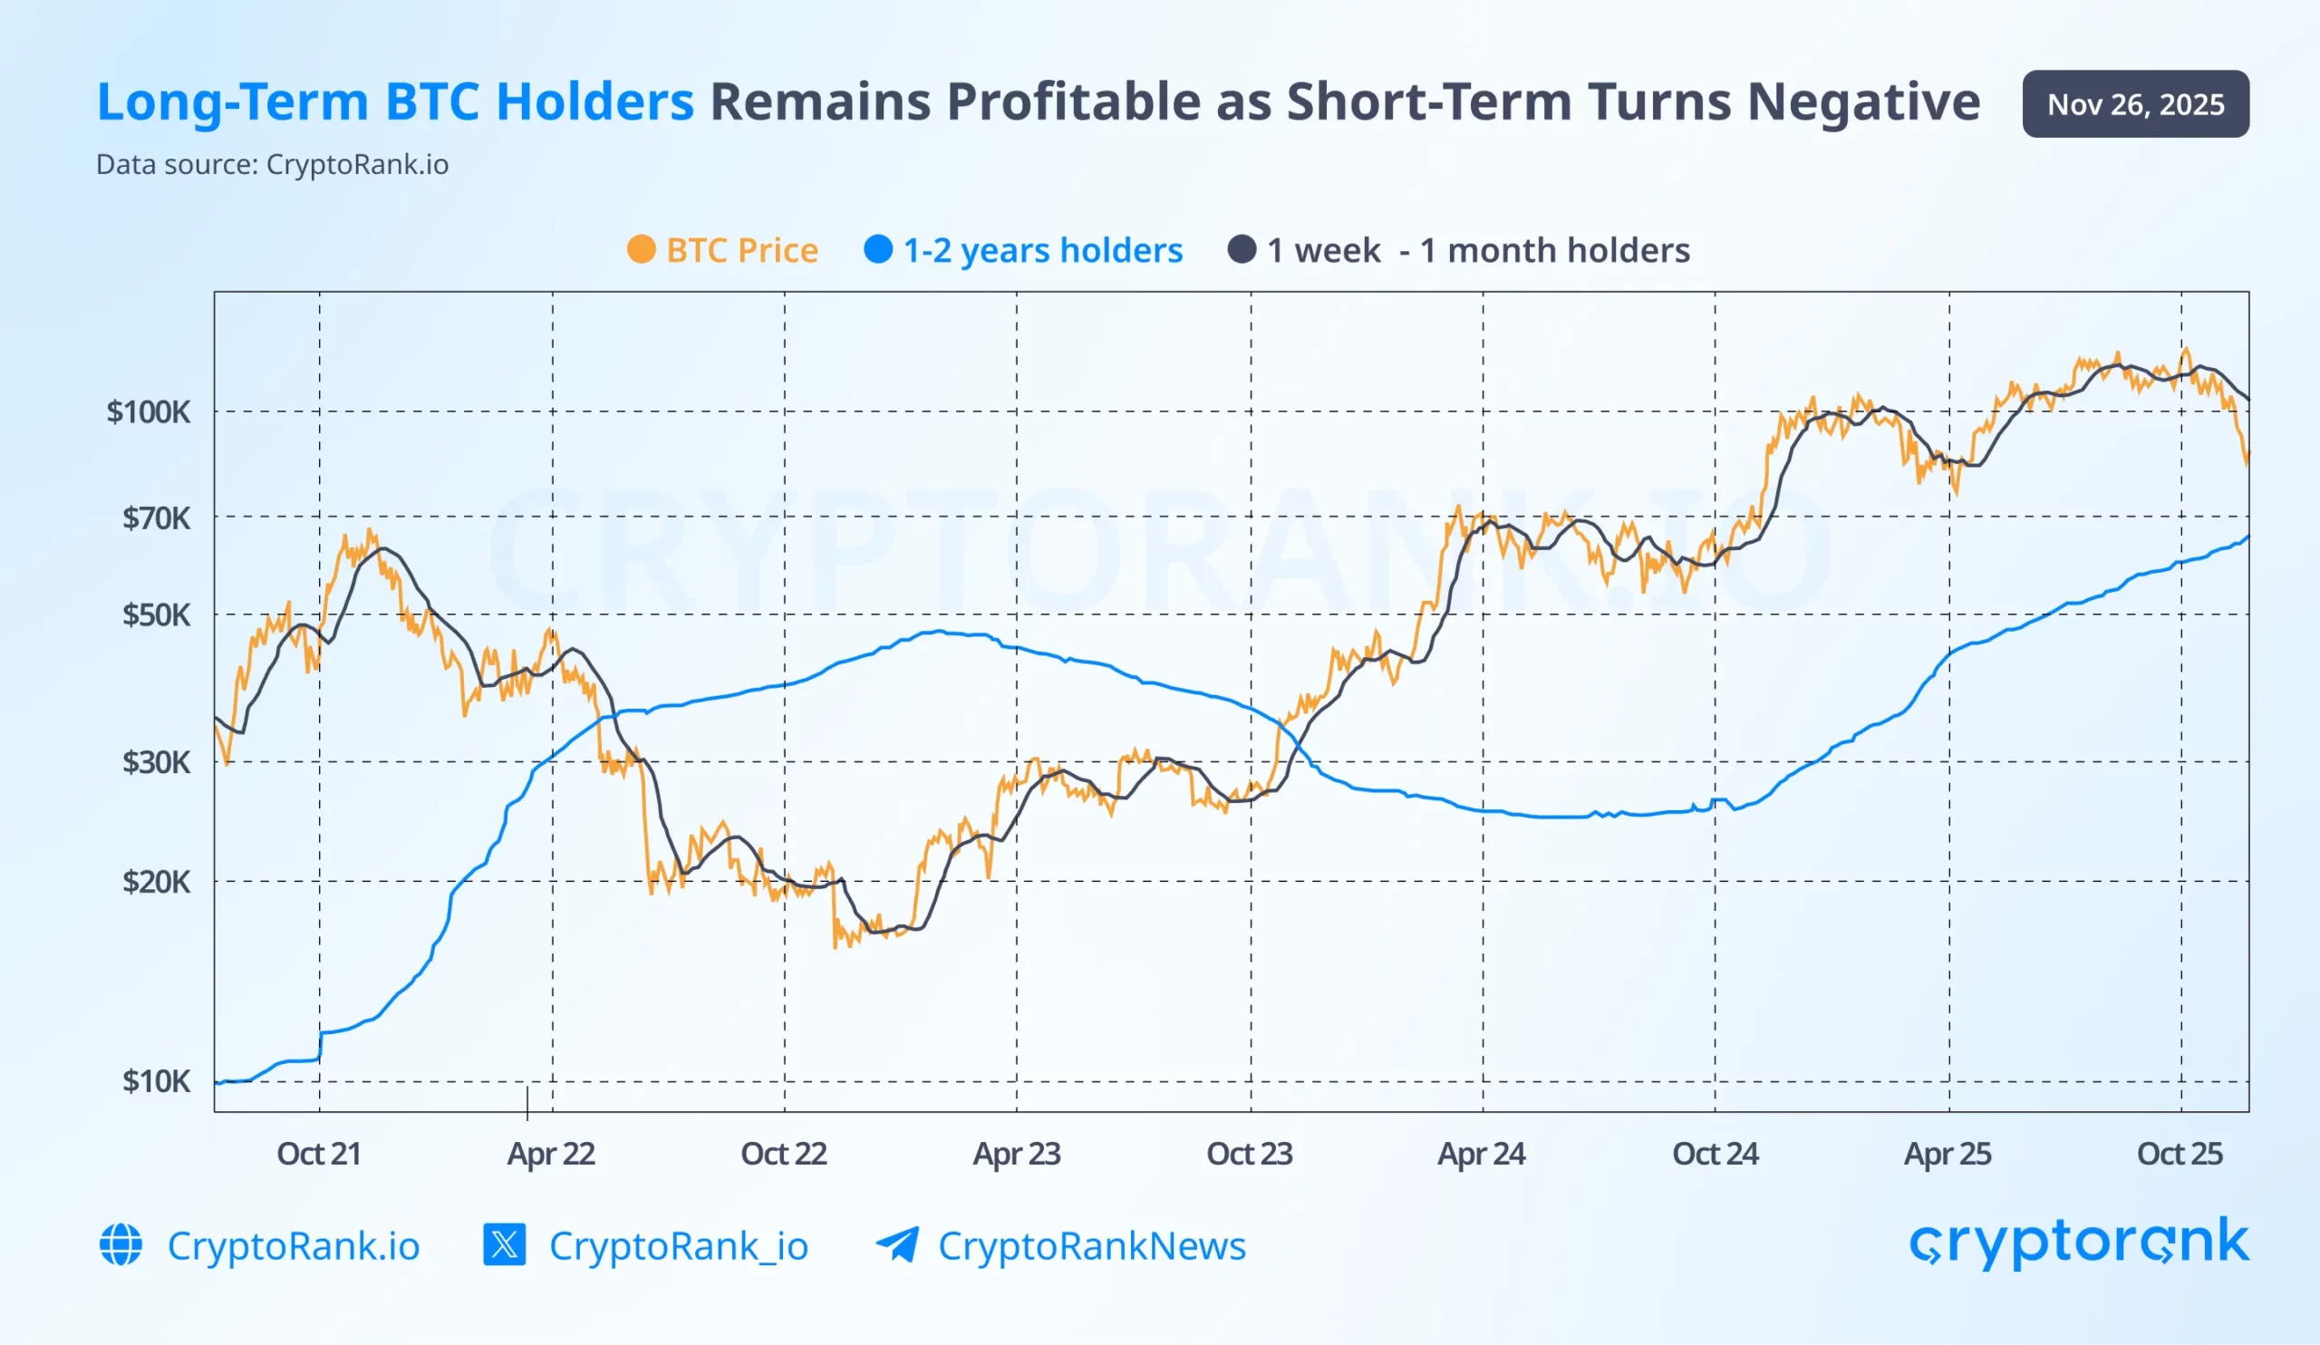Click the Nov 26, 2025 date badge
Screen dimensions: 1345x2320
coord(2135,104)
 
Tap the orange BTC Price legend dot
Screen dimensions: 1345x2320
coord(641,249)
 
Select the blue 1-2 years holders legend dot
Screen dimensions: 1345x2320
coord(878,249)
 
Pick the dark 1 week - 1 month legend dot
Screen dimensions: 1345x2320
coord(1242,249)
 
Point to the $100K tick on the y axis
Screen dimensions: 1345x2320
coord(149,411)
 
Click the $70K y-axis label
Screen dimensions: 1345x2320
coord(156,518)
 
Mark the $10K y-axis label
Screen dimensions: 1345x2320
coord(156,1080)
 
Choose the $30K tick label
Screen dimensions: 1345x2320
coord(156,762)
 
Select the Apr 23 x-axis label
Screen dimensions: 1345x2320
coord(1017,1154)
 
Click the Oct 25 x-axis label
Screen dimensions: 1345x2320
coord(2180,1154)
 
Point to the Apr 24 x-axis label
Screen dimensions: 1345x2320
coord(1482,1154)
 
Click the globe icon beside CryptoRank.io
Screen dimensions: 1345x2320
coord(121,1244)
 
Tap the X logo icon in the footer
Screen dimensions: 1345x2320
coord(505,1244)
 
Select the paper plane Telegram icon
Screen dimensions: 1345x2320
coord(896,1244)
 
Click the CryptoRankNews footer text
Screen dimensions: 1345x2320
coord(1091,1245)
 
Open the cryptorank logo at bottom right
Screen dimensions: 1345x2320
coord(2079,1243)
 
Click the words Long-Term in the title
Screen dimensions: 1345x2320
coord(232,102)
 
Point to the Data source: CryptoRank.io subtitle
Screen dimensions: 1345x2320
coord(273,165)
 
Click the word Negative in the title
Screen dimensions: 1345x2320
coord(1863,102)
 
